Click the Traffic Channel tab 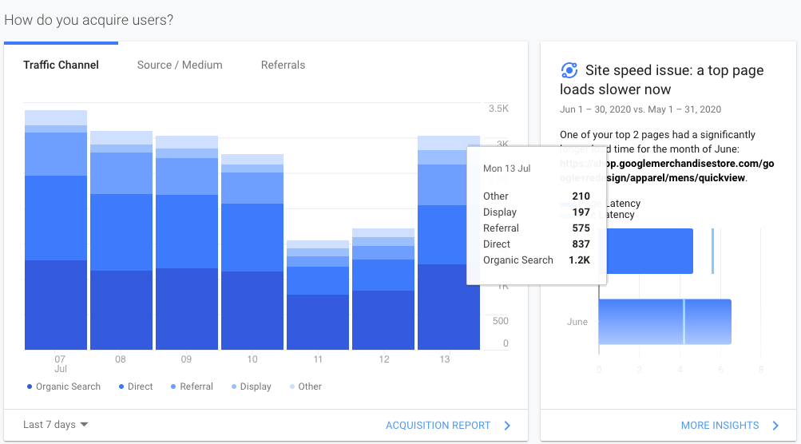coord(61,65)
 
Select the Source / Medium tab coord(180,65)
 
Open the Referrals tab coord(283,65)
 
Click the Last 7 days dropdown coord(56,425)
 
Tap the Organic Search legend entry coord(68,387)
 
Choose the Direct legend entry coord(140,387)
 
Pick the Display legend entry coord(256,387)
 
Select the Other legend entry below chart coord(309,387)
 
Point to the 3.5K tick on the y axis coord(498,108)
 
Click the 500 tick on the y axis coord(500,321)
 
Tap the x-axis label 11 coord(319,360)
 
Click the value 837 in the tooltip coord(581,244)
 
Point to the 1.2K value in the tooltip coord(580,260)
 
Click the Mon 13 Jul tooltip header coord(506,169)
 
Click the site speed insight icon coord(569,70)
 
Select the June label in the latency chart coord(577,323)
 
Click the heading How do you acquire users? coord(89,20)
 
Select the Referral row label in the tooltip coord(501,228)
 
